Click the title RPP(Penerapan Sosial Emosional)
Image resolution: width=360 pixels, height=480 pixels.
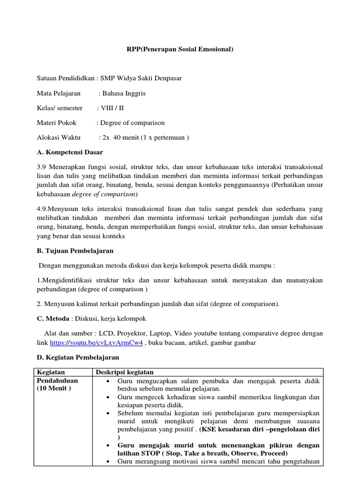click(x=180, y=49)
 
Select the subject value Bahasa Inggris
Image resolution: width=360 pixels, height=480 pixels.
click(x=124, y=93)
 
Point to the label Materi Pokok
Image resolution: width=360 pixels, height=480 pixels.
click(x=57, y=123)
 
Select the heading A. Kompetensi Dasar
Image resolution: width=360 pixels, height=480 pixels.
click(x=70, y=152)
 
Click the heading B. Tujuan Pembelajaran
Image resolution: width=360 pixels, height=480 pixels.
click(x=75, y=251)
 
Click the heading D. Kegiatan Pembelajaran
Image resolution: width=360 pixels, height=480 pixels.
click(x=77, y=357)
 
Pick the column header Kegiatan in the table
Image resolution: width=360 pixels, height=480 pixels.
click(x=51, y=372)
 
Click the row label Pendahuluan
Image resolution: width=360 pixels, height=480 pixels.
click(x=58, y=381)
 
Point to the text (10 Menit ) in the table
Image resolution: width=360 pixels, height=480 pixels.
click(x=54, y=389)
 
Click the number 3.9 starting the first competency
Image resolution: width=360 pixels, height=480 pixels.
click(x=42, y=167)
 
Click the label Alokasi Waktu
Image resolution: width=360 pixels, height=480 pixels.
click(x=59, y=138)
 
